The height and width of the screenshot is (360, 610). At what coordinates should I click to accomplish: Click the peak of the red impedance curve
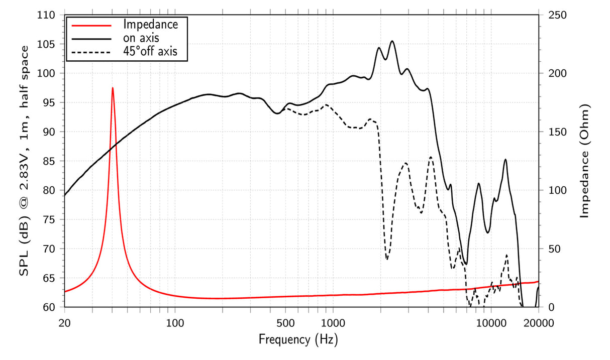[113, 88]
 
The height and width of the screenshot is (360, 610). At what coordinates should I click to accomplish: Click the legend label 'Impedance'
[150, 24]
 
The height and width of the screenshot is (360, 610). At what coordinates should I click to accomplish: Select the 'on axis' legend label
[142, 37]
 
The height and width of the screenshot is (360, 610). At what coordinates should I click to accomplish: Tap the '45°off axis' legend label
[150, 51]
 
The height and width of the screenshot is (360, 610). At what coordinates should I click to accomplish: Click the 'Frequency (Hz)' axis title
[298, 340]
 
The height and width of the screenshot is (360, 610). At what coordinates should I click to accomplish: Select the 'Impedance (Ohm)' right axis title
[585, 161]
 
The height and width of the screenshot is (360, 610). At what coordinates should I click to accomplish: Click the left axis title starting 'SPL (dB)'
[24, 161]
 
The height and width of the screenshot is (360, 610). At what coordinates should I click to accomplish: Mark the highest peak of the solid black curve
[392, 41]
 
